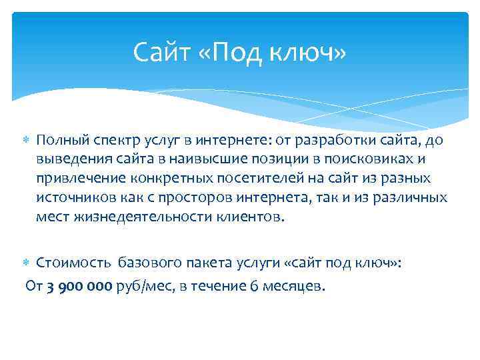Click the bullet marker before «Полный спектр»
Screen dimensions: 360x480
click(x=28, y=142)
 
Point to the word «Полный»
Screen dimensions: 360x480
click(x=59, y=141)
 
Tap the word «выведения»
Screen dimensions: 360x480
click(x=69, y=160)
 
